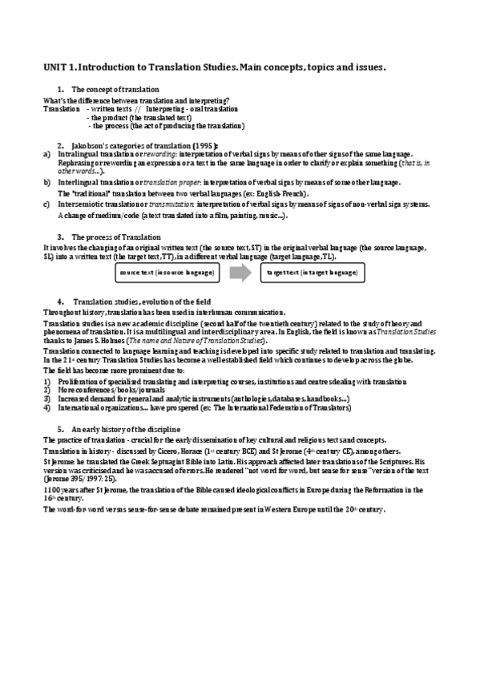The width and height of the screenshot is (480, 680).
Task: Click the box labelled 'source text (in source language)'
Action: tap(166, 273)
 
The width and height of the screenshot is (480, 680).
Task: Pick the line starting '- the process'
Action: tap(167, 126)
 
